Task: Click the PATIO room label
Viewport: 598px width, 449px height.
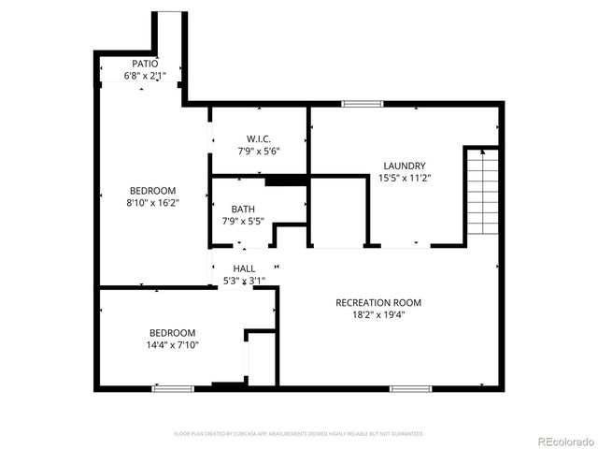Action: (x=145, y=64)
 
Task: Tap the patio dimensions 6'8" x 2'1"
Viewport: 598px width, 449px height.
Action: (x=145, y=76)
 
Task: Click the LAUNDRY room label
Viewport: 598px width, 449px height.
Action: (x=403, y=165)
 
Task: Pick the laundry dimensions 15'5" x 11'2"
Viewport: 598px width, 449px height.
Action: (x=403, y=178)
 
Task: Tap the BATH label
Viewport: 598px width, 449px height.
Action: (x=243, y=210)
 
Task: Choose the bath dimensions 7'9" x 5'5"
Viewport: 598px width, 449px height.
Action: (x=243, y=222)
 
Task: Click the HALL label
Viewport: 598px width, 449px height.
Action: (x=245, y=268)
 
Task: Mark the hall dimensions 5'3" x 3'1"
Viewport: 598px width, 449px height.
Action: (x=245, y=281)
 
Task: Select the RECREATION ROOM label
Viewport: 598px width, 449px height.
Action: (x=379, y=303)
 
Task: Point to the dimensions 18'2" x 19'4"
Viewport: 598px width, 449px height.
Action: (x=379, y=316)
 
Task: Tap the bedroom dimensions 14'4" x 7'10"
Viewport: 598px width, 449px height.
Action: (x=173, y=345)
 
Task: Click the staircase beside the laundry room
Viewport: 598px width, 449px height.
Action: (x=481, y=194)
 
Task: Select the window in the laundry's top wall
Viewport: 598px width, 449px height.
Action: (x=357, y=103)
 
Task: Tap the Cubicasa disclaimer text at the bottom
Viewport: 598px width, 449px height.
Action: (x=299, y=434)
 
